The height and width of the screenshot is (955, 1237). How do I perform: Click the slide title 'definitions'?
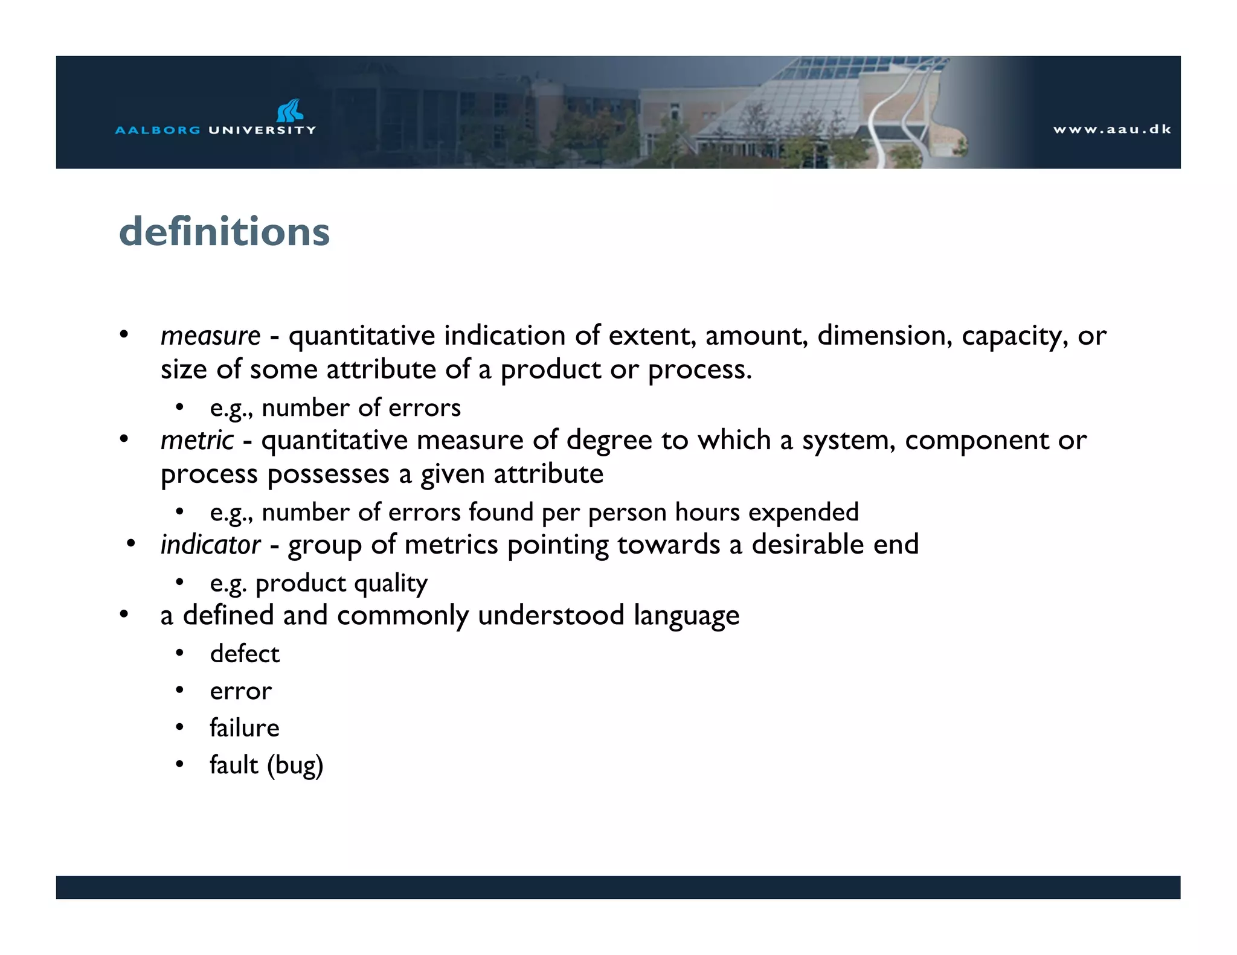224,232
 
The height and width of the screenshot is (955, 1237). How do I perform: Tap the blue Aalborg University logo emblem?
290,110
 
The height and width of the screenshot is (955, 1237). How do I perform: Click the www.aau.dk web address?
1112,129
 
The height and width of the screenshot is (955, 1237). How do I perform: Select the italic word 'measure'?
210,336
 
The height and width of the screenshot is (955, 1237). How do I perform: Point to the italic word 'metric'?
197,441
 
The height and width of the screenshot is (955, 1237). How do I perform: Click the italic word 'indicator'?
210,545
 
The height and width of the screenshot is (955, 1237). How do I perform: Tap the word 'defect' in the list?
245,654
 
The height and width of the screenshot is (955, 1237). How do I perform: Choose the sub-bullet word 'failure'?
245,728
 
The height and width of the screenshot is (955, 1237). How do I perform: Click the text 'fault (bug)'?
266,765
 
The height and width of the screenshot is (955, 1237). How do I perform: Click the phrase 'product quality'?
341,584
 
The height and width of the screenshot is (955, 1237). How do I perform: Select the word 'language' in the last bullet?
686,616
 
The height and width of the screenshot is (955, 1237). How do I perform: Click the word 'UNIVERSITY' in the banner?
262,130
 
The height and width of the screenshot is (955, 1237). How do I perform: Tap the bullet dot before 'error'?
179,691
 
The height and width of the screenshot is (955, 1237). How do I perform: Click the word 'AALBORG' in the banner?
158,130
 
